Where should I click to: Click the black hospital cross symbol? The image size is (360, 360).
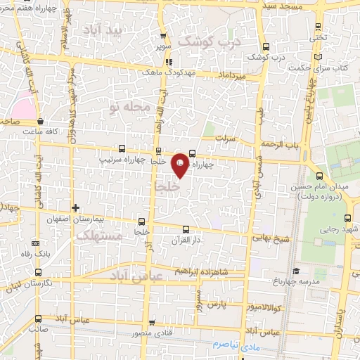coord(76,207)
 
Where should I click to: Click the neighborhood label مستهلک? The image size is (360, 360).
coord(99,236)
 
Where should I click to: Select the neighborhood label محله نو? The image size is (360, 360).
coord(127,107)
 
